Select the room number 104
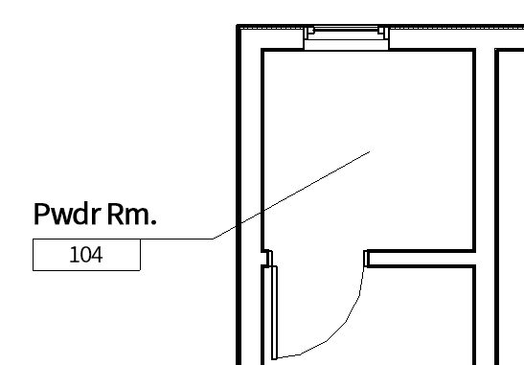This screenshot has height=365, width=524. point(86,256)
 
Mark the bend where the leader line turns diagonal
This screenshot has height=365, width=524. point(213,237)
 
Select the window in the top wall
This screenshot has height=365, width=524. point(345,37)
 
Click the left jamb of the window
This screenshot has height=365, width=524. point(308,37)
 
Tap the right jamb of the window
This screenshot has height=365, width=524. point(382,37)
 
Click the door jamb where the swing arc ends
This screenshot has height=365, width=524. point(368,258)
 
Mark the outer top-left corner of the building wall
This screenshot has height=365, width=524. point(239,28)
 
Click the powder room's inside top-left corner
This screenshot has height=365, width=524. point(263,50)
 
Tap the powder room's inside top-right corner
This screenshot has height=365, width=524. point(475,50)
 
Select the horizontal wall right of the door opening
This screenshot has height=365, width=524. point(421,259)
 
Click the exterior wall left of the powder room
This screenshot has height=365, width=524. point(251,144)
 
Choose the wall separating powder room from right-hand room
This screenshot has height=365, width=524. point(486,144)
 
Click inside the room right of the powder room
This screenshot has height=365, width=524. point(511,192)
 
